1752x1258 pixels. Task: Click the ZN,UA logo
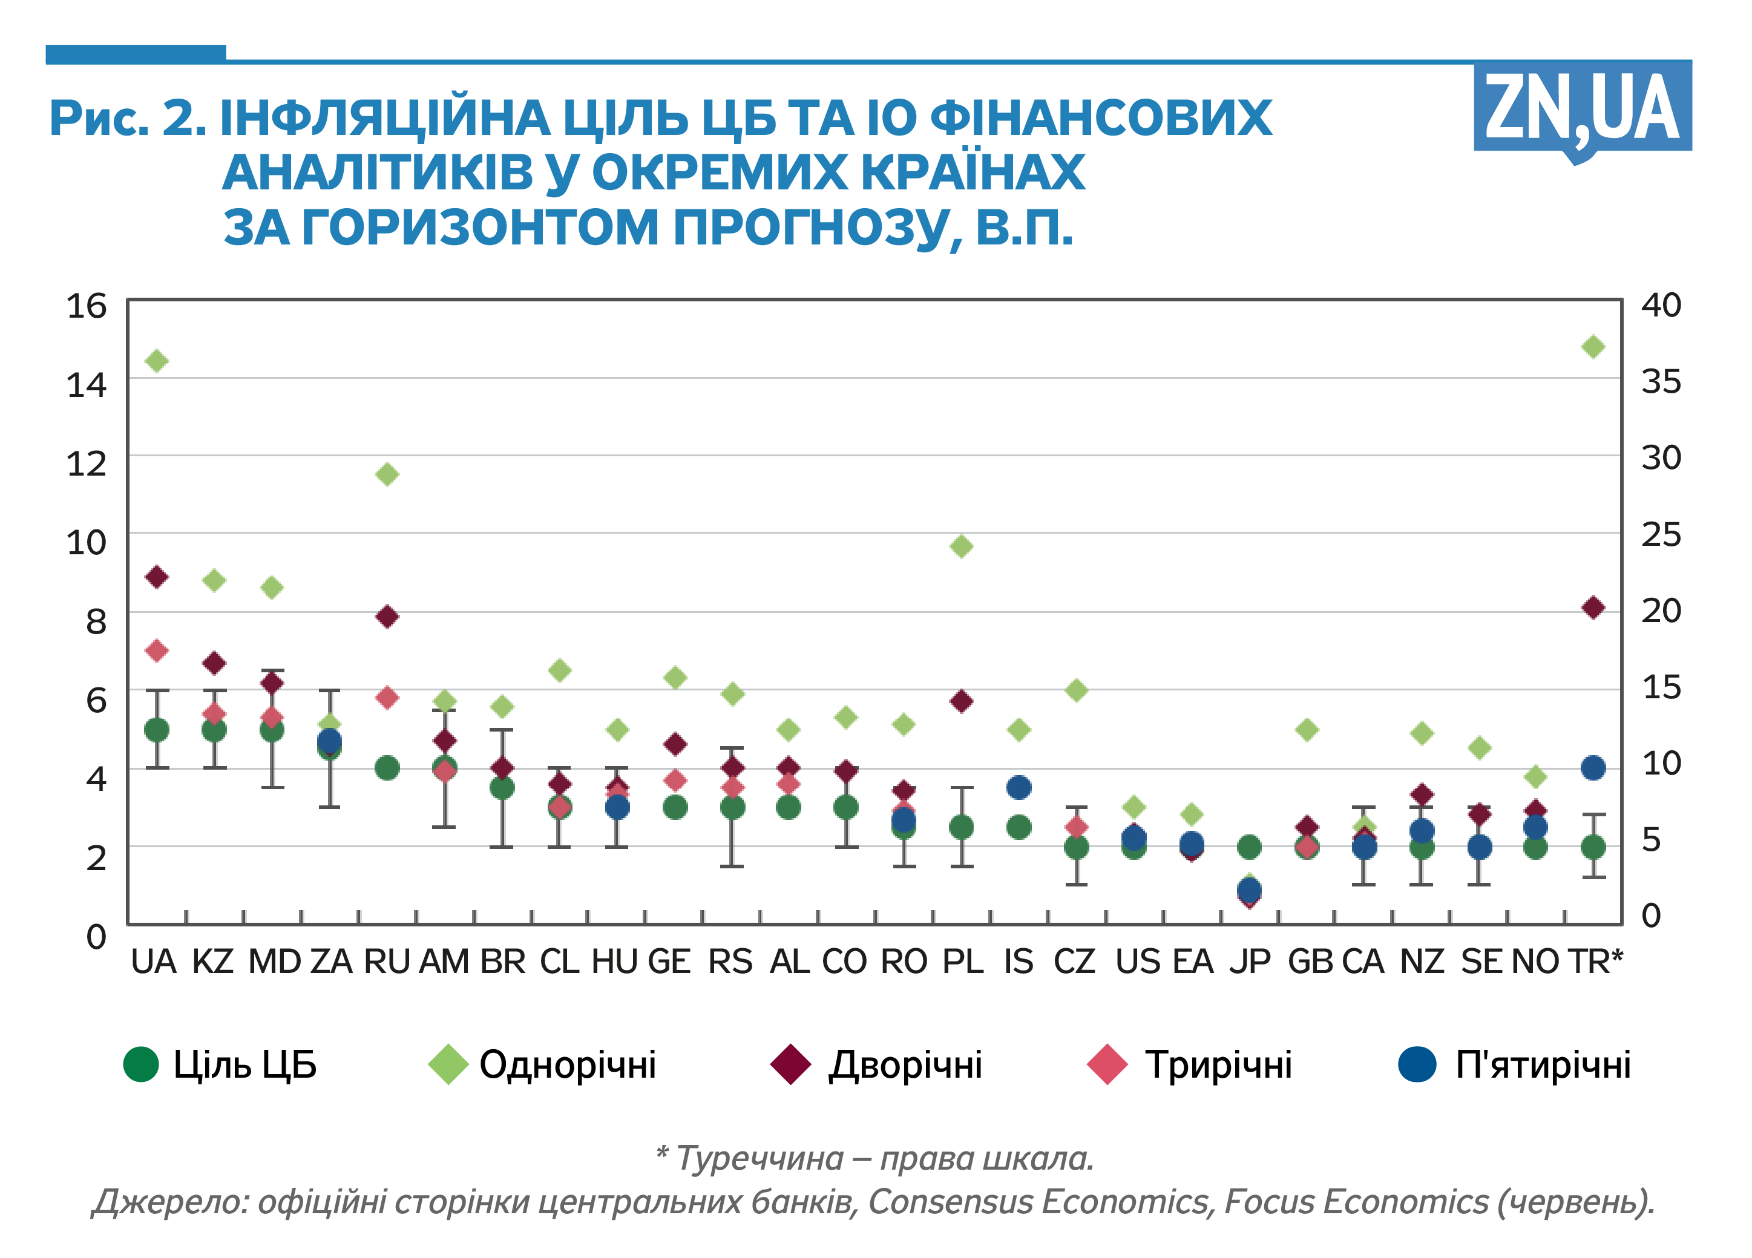(1581, 108)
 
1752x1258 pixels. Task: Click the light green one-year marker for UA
(157, 361)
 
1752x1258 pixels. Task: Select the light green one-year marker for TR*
(1593, 347)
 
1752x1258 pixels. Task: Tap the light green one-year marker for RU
(387, 474)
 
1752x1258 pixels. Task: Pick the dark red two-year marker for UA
(157, 577)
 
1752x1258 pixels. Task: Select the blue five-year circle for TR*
(1593, 768)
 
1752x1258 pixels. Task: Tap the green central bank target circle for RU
(387, 768)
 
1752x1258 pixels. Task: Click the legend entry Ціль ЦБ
(220, 1064)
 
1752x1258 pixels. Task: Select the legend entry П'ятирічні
(1514, 1064)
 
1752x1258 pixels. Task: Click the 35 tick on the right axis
(1661, 381)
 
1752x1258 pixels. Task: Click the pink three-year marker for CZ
(1076, 827)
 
